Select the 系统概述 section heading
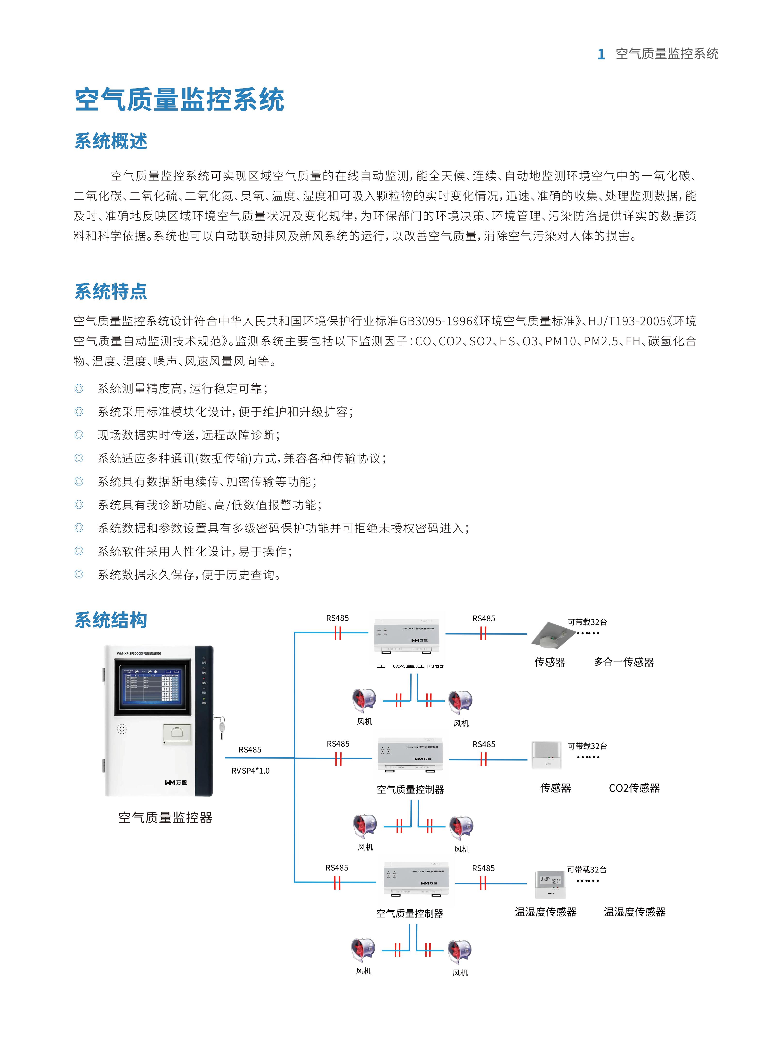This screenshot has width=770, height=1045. coord(111,141)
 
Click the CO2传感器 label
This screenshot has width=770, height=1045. coord(634,788)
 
